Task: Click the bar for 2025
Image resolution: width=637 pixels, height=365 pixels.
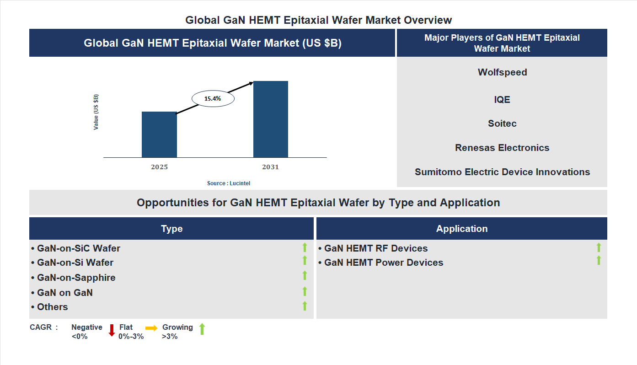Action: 159,135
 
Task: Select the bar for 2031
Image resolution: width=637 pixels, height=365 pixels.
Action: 271,119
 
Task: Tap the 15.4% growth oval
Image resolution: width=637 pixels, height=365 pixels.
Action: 213,98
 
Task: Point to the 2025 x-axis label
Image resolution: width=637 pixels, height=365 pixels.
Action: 159,167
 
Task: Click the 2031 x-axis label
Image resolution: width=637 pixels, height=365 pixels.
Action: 270,167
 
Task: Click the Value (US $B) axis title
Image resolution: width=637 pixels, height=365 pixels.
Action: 96,112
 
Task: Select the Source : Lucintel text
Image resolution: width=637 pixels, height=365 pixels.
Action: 229,183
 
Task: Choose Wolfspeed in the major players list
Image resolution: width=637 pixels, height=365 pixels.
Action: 502,72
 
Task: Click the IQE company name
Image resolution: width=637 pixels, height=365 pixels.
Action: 502,99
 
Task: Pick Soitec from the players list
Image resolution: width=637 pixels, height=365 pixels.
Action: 502,123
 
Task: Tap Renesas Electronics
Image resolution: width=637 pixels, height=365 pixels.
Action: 502,148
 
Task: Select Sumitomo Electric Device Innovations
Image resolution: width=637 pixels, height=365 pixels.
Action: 502,172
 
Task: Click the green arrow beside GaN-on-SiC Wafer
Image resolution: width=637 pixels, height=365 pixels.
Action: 305,248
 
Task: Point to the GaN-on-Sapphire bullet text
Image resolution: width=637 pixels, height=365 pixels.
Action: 76,278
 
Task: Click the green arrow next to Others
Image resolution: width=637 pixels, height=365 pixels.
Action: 305,306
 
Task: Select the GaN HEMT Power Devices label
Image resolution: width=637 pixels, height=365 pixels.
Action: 384,263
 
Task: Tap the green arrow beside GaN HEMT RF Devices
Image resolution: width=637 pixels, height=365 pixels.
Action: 599,248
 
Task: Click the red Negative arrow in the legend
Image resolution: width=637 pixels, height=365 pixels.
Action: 112,330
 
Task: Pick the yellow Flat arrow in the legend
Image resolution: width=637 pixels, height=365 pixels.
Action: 151,328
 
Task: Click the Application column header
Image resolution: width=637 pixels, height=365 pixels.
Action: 461,229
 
